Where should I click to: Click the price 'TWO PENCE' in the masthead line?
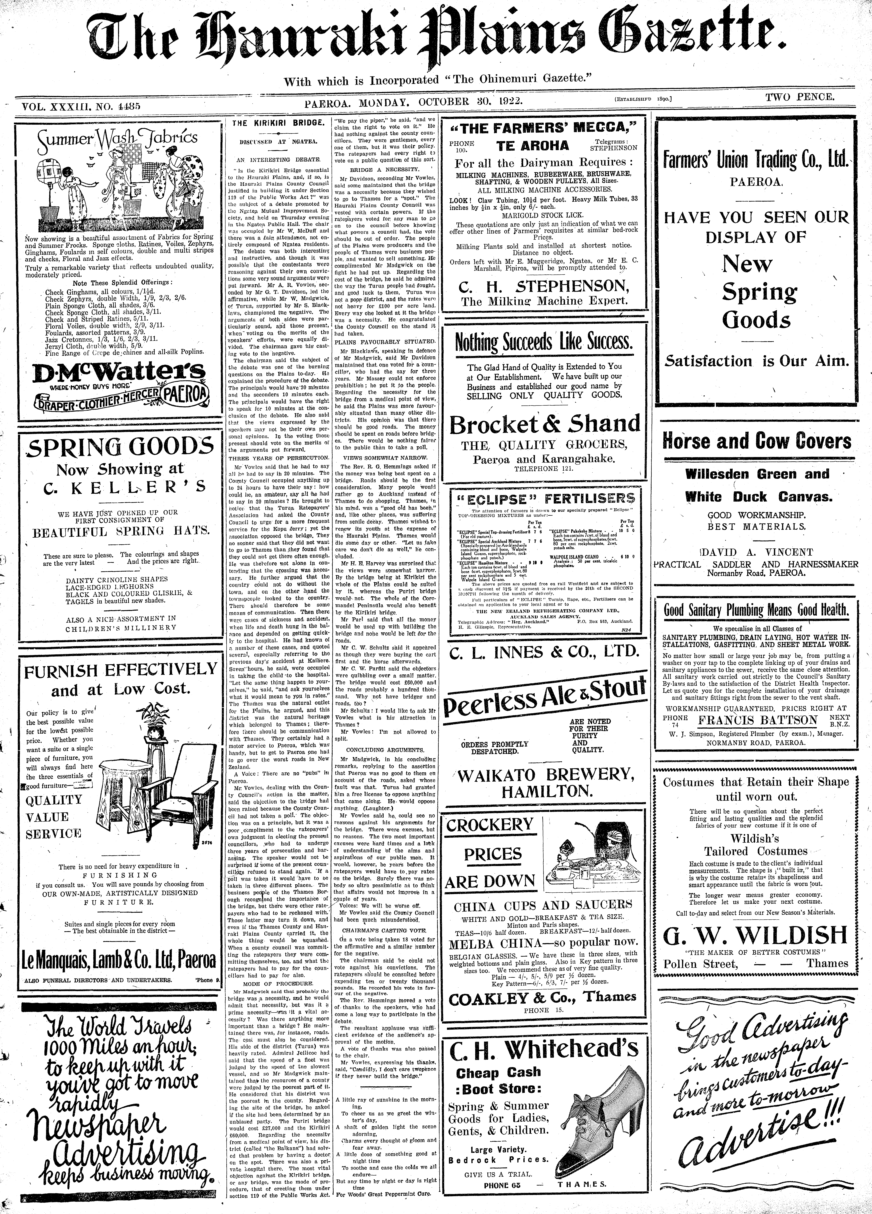800,97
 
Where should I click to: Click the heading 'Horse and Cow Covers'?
756,441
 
